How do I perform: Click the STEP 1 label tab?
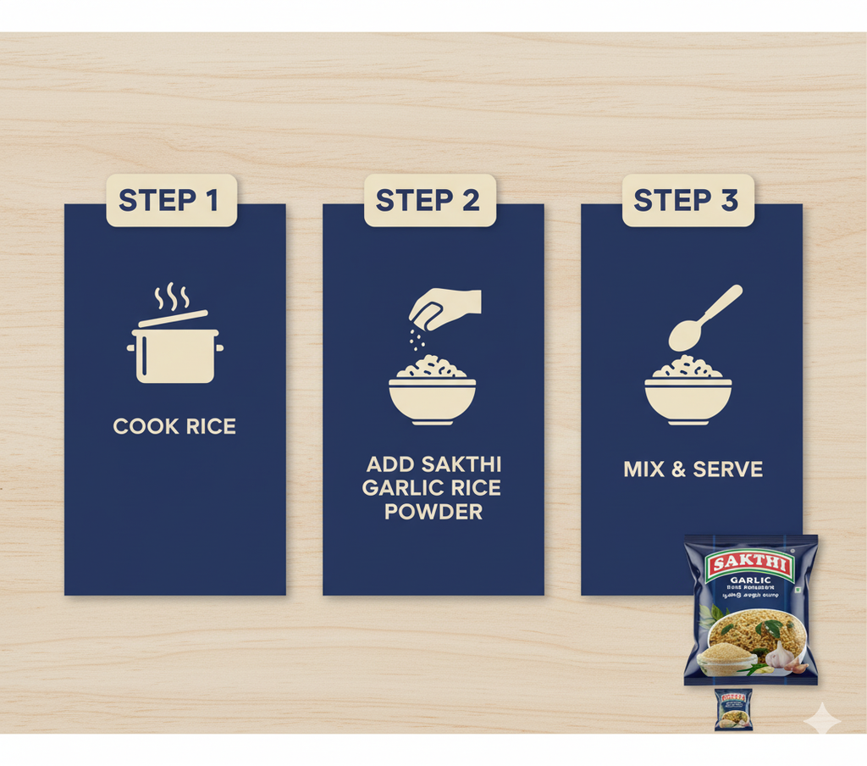[170, 201]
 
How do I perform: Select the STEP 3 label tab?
[687, 201]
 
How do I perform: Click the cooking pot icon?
[175, 352]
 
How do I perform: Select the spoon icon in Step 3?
[703, 319]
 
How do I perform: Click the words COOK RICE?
[175, 426]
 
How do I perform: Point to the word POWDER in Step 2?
[433, 513]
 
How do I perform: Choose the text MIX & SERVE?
[693, 469]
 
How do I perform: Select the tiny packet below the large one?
[732, 710]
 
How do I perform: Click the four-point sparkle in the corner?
[822, 718]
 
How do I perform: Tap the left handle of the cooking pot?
[131, 347]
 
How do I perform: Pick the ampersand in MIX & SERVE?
[676, 469]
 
